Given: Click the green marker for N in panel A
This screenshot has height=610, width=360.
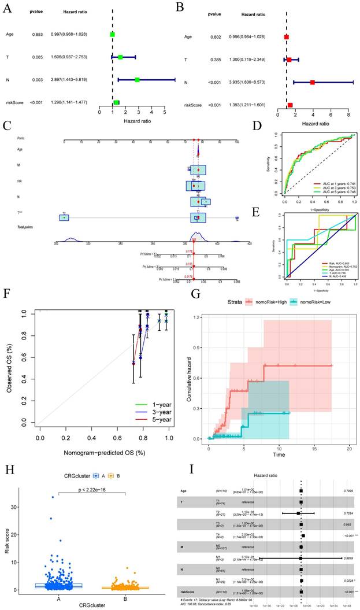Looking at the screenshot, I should [137, 79].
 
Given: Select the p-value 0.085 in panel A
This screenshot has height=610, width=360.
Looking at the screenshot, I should [36, 57].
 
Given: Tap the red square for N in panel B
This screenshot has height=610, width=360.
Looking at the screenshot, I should [313, 82].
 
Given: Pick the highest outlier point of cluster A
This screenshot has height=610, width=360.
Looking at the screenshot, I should [53, 497].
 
